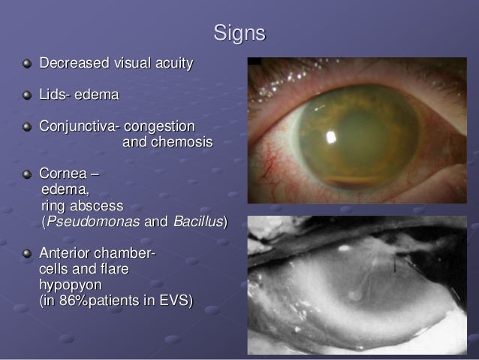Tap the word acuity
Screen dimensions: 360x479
coord(174,63)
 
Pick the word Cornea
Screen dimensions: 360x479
coord(65,175)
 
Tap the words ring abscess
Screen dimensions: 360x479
coord(83,206)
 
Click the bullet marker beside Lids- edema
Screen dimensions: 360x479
coord(28,95)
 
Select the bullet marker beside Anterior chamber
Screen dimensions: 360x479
coord(28,253)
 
